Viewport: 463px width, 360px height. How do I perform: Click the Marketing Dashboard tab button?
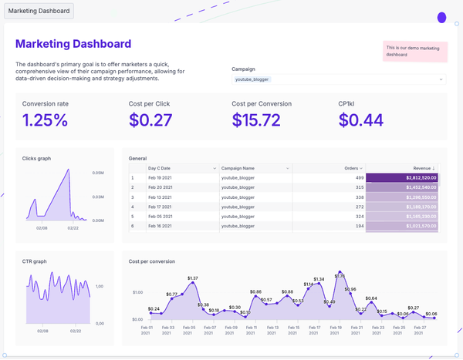point(39,12)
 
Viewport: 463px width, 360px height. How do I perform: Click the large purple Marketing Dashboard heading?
point(73,45)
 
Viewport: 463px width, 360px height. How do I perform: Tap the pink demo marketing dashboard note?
point(415,51)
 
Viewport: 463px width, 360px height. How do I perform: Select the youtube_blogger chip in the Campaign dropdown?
point(252,79)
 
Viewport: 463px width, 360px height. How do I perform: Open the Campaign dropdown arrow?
point(441,79)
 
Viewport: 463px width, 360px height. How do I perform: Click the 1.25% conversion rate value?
point(45,119)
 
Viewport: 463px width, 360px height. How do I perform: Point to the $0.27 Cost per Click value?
point(150,119)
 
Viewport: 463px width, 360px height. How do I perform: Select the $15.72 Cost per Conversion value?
point(256,119)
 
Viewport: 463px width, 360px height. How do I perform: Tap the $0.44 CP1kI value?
point(360,119)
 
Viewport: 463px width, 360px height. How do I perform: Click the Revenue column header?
point(421,168)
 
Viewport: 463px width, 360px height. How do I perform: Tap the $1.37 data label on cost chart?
point(193,278)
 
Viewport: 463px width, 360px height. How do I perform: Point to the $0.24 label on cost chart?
point(154,309)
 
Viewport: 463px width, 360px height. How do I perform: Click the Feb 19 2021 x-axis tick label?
point(334,330)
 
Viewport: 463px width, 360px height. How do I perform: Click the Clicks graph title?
point(36,158)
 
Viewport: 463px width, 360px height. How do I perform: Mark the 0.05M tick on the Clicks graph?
point(98,173)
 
